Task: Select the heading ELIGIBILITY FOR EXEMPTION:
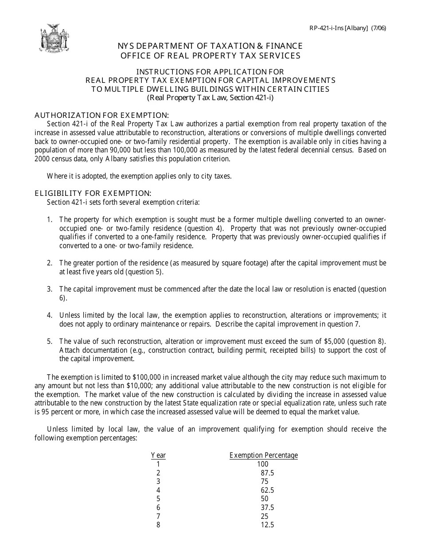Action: coord(93,193)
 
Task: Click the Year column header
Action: coord(158,455)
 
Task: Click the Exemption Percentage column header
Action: coord(264,455)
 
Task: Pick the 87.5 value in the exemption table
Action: coord(267,473)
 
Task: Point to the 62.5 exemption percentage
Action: coord(267,490)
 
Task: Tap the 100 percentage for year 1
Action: coord(262,464)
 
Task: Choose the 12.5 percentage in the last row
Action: coord(267,525)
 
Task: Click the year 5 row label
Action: coord(158,499)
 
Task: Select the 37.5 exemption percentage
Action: coord(267,508)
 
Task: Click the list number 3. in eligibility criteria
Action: coord(50,289)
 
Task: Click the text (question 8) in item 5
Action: coord(365,341)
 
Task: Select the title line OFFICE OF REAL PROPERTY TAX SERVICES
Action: coord(210,55)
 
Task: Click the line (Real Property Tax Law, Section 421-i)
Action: coord(210,97)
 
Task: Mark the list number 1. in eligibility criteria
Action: coord(50,219)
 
